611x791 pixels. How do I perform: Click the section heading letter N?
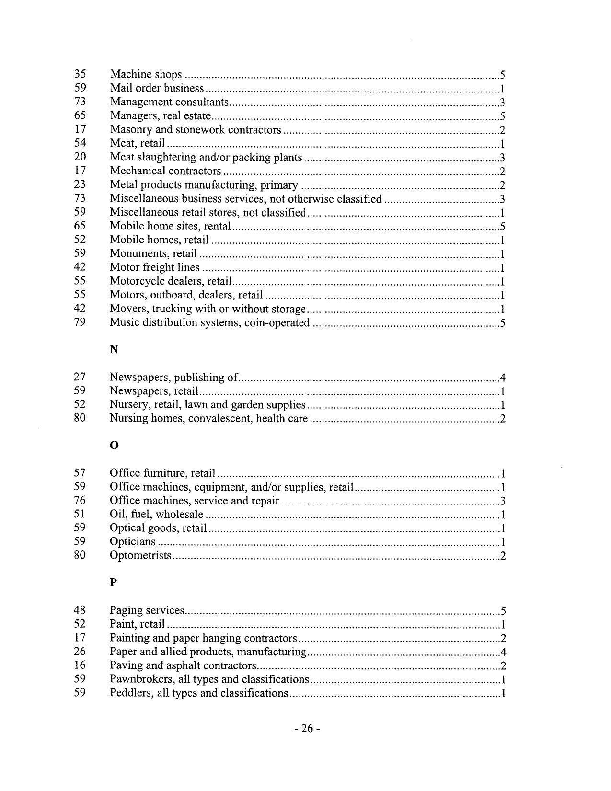click(x=114, y=350)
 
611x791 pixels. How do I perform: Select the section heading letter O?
click(x=114, y=446)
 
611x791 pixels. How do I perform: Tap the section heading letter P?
click(x=114, y=583)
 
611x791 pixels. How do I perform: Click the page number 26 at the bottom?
click(x=307, y=729)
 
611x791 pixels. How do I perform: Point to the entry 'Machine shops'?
click(x=146, y=74)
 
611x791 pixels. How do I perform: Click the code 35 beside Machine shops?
click(x=80, y=74)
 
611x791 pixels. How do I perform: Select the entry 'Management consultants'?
click(x=169, y=102)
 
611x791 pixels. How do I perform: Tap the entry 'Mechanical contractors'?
click(x=165, y=171)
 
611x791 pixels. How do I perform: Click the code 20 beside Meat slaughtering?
click(x=80, y=157)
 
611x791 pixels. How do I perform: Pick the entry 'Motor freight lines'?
click(x=155, y=267)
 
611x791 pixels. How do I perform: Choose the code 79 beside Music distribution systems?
click(x=80, y=322)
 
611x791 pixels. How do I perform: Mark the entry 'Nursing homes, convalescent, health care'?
click(x=208, y=419)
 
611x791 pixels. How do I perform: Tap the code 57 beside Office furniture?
click(x=80, y=473)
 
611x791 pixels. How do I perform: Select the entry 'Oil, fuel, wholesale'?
click(x=156, y=515)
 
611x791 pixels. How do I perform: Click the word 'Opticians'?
click(x=133, y=542)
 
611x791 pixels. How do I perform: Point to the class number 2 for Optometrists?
click(x=503, y=556)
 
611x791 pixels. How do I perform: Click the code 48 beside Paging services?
click(x=80, y=610)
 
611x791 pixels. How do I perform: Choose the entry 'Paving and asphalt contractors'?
click(x=183, y=665)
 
